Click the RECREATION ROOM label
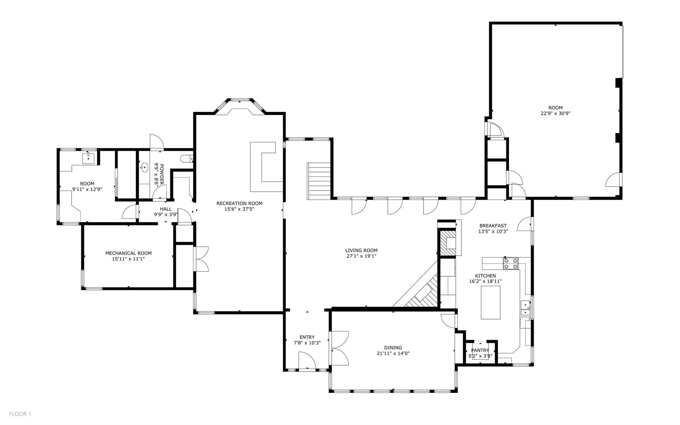tap(239, 203)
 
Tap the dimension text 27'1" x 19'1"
tap(361, 256)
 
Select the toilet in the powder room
tap(186, 159)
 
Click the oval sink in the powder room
tap(144, 167)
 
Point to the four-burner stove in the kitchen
tap(510, 264)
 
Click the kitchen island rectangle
tap(490, 302)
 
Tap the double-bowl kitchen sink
tap(525, 308)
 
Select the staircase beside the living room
tap(318, 181)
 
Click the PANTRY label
tap(480, 350)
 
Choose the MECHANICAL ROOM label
tap(128, 253)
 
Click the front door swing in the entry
tap(306, 361)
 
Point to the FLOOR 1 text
tap(20, 414)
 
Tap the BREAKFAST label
tap(493, 226)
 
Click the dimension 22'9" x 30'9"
tap(555, 113)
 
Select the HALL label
tap(166, 209)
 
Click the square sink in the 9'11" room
tap(88, 159)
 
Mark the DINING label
tap(393, 348)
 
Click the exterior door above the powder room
tap(156, 142)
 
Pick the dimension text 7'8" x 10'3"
tap(307, 343)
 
